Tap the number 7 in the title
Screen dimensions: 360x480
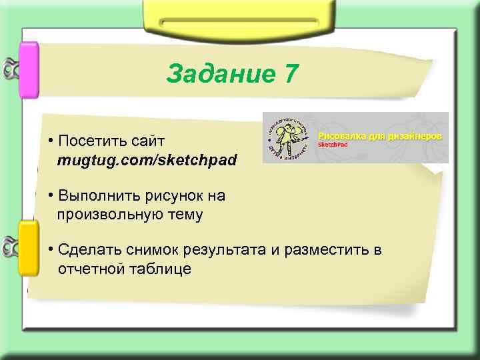tap(291, 74)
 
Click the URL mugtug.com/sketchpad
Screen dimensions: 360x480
tap(147, 161)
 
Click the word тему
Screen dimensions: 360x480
tap(183, 215)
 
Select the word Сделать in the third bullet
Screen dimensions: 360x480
tap(85, 250)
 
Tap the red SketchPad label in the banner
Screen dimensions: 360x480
tap(332, 145)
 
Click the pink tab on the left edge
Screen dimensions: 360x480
tap(29, 70)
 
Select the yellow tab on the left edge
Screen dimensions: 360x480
tap(29, 249)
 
